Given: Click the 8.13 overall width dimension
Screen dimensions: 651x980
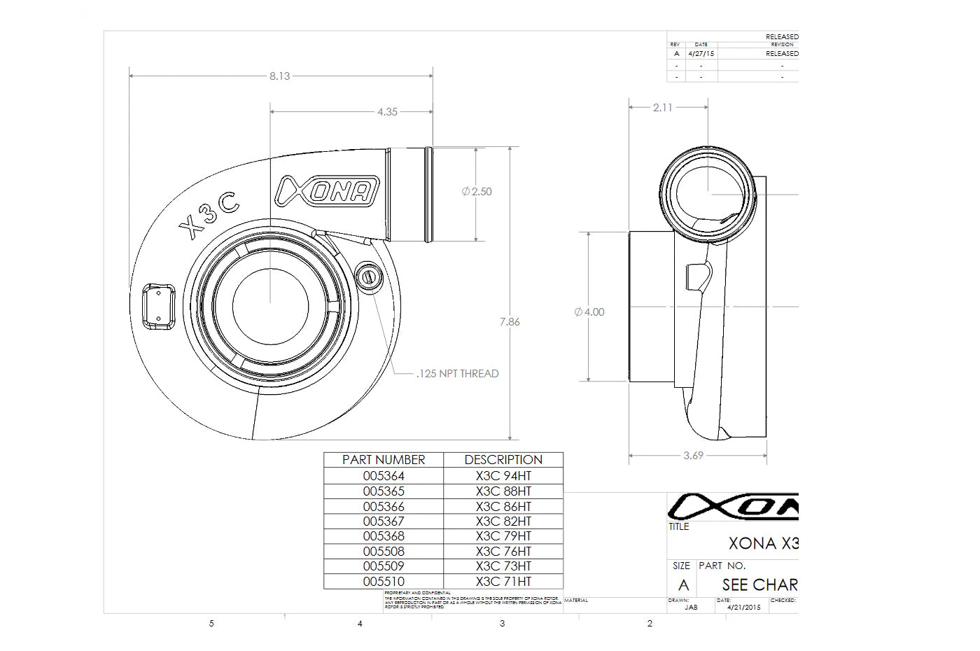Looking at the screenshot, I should click(x=279, y=76).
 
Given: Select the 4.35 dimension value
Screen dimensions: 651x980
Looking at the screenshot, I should click(x=387, y=111).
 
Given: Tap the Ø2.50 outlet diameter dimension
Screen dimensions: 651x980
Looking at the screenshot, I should click(x=477, y=191).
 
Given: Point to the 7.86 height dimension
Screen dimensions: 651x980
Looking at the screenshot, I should click(x=510, y=322).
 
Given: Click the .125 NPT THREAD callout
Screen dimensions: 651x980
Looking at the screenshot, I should click(x=458, y=374).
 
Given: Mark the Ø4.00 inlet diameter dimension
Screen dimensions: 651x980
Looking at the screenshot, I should click(x=589, y=312).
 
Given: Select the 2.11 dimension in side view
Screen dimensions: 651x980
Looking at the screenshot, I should click(x=662, y=108).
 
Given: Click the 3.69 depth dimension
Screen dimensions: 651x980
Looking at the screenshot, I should click(x=693, y=456).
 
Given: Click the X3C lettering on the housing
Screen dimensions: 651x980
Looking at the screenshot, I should click(x=209, y=215).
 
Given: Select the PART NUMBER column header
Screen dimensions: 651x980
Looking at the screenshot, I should click(x=384, y=460).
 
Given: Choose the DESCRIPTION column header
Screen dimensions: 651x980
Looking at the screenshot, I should click(x=503, y=460).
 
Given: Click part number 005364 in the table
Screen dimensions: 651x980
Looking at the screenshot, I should click(x=384, y=476).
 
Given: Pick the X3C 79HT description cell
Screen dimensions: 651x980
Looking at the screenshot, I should click(x=503, y=536).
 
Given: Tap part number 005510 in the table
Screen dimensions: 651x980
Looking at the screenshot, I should click(x=384, y=582).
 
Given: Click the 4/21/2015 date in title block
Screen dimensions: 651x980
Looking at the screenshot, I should click(x=743, y=608).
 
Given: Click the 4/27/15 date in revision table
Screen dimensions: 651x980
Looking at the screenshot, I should click(x=701, y=53).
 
